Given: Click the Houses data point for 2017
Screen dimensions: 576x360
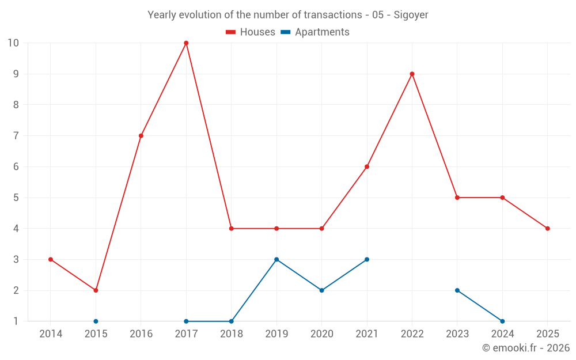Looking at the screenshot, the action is point(186,43).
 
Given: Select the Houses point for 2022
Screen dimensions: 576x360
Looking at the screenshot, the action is point(412,74).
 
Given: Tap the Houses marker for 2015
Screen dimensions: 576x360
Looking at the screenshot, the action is point(96,290).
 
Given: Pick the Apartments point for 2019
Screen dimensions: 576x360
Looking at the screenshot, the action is point(276,259).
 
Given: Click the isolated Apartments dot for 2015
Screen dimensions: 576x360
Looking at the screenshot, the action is point(96,321).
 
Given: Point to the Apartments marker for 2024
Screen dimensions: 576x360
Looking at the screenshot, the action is point(502,321).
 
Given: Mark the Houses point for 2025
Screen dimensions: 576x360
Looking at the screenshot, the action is point(548,229).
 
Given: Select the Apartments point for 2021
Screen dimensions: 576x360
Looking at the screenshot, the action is point(367,259).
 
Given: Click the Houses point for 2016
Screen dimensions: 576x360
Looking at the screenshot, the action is point(141,135).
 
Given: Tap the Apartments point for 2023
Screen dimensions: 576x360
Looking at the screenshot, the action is point(457,290).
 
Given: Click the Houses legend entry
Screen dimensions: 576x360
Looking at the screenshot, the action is point(251,32).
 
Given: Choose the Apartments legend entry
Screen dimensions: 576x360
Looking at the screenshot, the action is point(315,32).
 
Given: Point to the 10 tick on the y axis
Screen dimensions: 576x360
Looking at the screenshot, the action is point(13,43).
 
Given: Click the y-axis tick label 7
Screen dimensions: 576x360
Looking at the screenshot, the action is point(16,135).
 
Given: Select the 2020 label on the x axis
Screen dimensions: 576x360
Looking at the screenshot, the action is point(322,334).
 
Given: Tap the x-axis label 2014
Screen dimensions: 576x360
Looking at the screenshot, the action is point(51,334).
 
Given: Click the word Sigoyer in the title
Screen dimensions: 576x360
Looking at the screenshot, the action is point(411,15).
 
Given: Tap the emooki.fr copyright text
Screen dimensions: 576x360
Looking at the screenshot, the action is point(526,347).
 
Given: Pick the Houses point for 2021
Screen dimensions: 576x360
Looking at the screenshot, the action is point(367,166).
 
